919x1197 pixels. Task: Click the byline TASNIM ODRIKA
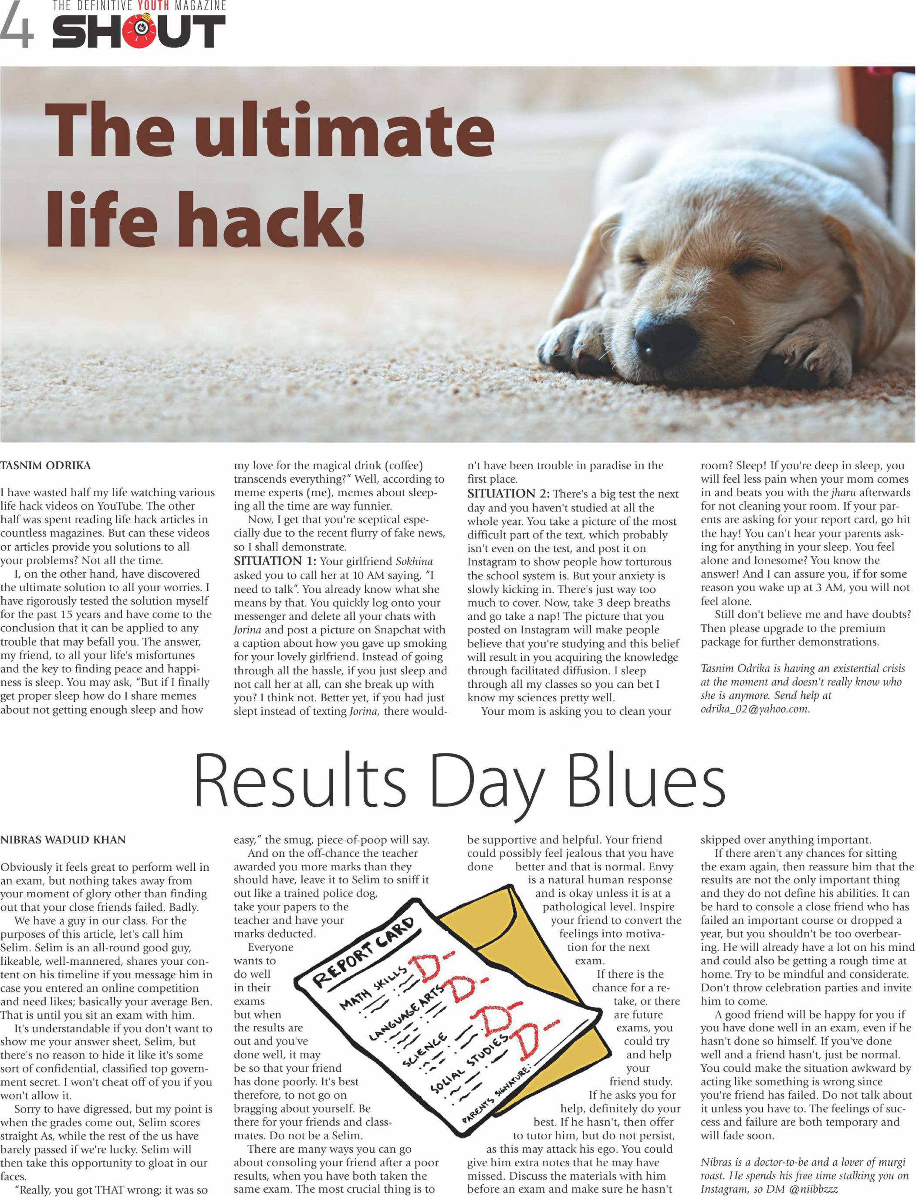click(45, 466)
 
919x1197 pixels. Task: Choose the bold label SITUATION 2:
click(508, 494)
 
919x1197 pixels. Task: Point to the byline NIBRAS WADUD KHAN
click(63, 840)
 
